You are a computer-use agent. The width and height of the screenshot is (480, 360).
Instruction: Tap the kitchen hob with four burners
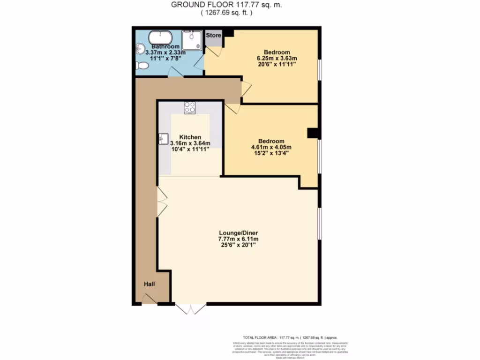tap(190, 107)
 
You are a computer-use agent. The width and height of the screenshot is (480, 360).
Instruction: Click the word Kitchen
tap(190, 137)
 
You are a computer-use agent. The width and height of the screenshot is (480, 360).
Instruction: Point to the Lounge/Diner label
tap(239, 232)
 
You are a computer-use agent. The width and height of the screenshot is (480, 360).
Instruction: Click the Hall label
tap(149, 284)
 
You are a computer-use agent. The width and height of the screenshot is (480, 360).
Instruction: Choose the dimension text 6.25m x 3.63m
tap(277, 58)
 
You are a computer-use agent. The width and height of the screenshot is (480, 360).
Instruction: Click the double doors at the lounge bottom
tap(191, 308)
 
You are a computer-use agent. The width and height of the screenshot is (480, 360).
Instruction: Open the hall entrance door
tap(149, 299)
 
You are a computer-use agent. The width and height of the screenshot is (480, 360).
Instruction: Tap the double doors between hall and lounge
tap(162, 202)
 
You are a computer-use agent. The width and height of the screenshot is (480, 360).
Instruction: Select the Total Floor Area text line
tap(290, 337)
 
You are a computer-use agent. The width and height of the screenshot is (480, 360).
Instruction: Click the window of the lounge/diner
tap(320, 225)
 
